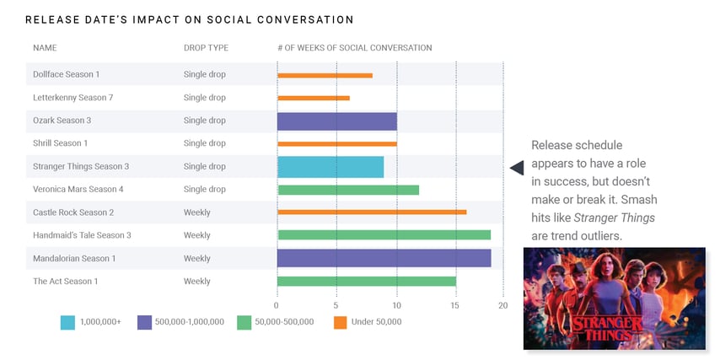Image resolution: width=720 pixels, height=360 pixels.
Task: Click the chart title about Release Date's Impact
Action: pyautogui.click(x=189, y=19)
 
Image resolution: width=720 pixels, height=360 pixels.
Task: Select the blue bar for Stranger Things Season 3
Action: pyautogui.click(x=330, y=167)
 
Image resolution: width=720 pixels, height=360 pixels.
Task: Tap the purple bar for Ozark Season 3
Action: pyautogui.click(x=336, y=121)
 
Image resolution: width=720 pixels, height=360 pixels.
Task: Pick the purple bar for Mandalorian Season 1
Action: pyautogui.click(x=384, y=258)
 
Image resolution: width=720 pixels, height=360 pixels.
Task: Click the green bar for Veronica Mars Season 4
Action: pyautogui.click(x=347, y=190)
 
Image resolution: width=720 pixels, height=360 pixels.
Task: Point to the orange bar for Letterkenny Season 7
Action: pyautogui.click(x=313, y=98)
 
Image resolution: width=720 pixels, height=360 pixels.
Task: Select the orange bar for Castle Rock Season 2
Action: pyautogui.click(x=371, y=212)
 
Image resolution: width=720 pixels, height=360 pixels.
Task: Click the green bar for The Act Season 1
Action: pyautogui.click(x=366, y=281)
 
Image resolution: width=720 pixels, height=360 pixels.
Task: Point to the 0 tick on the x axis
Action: pyautogui.click(x=277, y=305)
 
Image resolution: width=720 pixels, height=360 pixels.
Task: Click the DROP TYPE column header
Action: pyautogui.click(x=206, y=48)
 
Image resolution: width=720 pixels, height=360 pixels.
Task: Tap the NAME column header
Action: pyautogui.click(x=45, y=48)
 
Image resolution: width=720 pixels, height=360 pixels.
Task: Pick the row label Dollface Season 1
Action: pyautogui.click(x=66, y=75)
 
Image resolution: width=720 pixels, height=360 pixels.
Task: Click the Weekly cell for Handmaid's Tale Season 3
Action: pyautogui.click(x=196, y=235)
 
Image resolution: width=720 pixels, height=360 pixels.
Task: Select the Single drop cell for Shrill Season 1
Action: pyautogui.click(x=204, y=143)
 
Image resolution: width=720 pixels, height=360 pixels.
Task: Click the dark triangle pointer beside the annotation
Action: pyautogui.click(x=516, y=168)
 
